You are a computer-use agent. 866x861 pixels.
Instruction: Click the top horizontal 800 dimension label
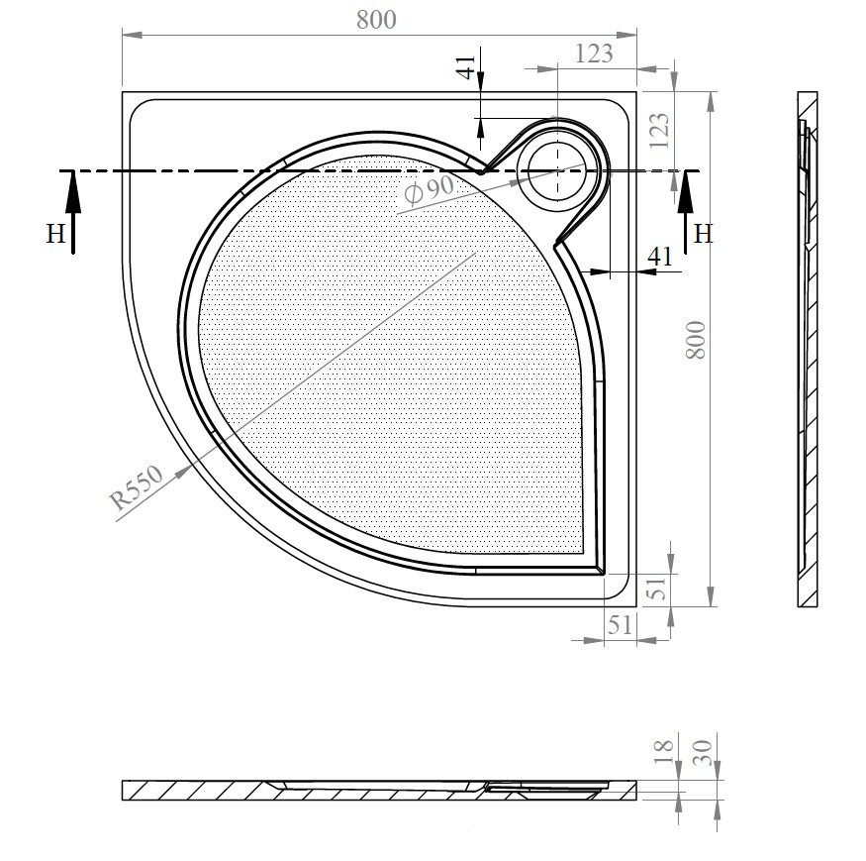click(x=376, y=20)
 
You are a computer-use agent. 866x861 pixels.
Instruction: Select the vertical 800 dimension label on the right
click(x=696, y=340)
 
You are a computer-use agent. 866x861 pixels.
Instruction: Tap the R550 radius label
click(x=137, y=487)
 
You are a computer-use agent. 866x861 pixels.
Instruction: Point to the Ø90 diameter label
click(x=430, y=189)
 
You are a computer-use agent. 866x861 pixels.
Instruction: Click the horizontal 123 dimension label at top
click(x=594, y=54)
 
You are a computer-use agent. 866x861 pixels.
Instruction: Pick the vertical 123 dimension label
click(x=659, y=131)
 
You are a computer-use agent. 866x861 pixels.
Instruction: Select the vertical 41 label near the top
click(x=467, y=67)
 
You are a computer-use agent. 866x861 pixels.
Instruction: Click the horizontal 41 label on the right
click(x=660, y=257)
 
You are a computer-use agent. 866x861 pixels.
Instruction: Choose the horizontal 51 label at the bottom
click(x=620, y=625)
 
